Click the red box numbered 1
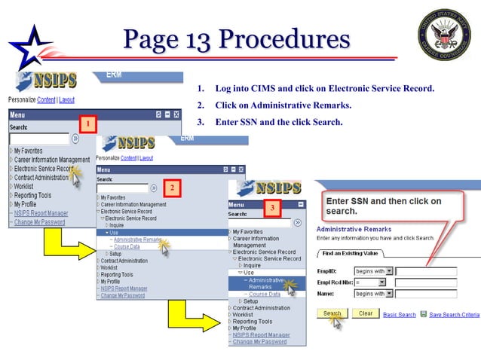click(87, 123)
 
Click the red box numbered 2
click(172, 187)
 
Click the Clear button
click(365, 313)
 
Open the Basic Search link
click(399, 314)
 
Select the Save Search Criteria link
click(454, 314)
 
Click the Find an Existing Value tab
click(351, 254)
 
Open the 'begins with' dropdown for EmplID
click(370, 271)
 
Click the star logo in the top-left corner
click(27, 47)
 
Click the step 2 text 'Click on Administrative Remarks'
click(283, 105)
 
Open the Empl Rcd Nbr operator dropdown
click(370, 282)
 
